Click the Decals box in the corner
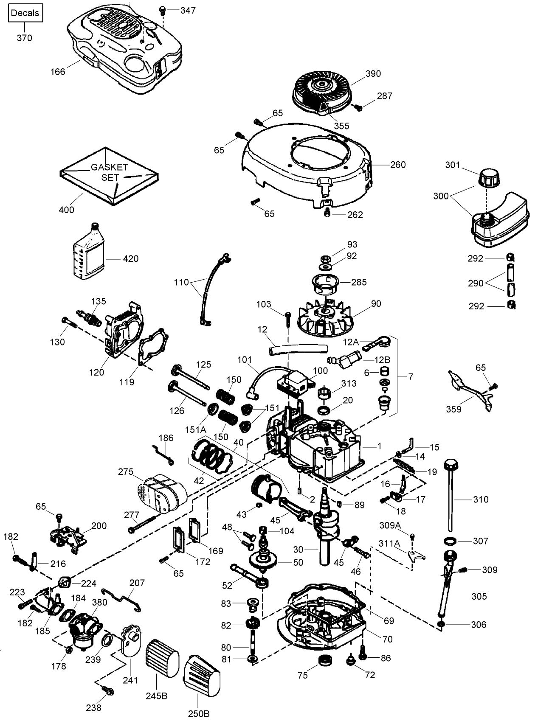pos(25,13)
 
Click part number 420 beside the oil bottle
pos(131,259)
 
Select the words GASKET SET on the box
pos(110,172)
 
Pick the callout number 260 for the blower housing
pos(397,165)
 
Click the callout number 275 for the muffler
pos(126,472)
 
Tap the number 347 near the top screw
pos(188,10)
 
